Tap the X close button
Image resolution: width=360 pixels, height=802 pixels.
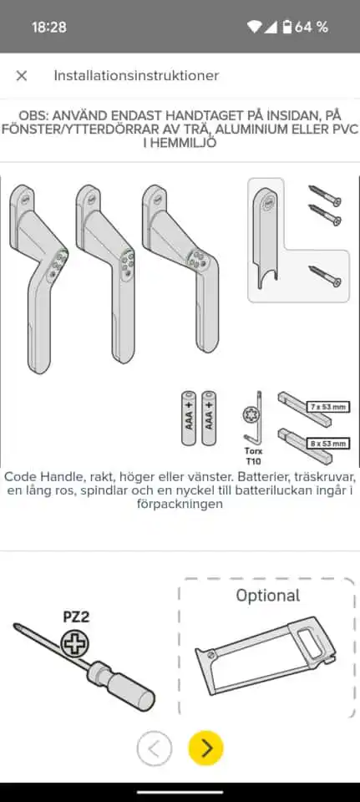click(x=22, y=76)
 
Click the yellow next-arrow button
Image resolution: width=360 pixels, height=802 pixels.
click(x=205, y=749)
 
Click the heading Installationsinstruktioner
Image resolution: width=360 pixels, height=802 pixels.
click(x=136, y=76)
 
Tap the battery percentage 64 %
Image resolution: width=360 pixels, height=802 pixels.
click(x=312, y=27)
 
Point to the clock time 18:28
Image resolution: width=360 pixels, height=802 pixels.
click(x=49, y=27)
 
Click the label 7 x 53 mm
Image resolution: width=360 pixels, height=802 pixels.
click(x=328, y=407)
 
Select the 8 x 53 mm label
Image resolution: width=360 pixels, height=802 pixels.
click(x=328, y=444)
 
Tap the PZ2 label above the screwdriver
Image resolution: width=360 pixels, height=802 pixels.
click(x=76, y=617)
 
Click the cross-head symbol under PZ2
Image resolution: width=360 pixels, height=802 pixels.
click(x=75, y=643)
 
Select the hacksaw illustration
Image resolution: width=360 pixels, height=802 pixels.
click(x=266, y=656)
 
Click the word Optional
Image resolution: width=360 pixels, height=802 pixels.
click(x=268, y=596)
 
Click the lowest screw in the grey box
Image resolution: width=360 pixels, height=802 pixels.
click(x=325, y=277)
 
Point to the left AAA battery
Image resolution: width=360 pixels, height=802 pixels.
click(x=188, y=419)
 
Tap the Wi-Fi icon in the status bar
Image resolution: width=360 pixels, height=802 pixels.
click(x=254, y=27)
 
